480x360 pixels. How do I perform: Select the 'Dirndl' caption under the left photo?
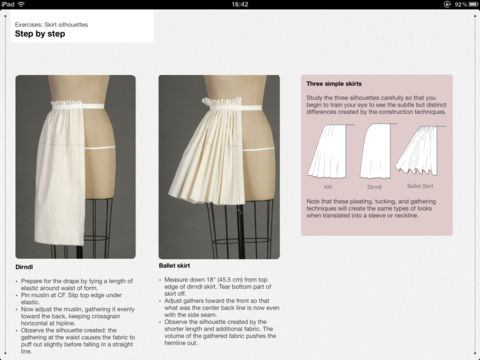pos(27,268)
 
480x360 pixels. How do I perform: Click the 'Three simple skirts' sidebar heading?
pos(343,86)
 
